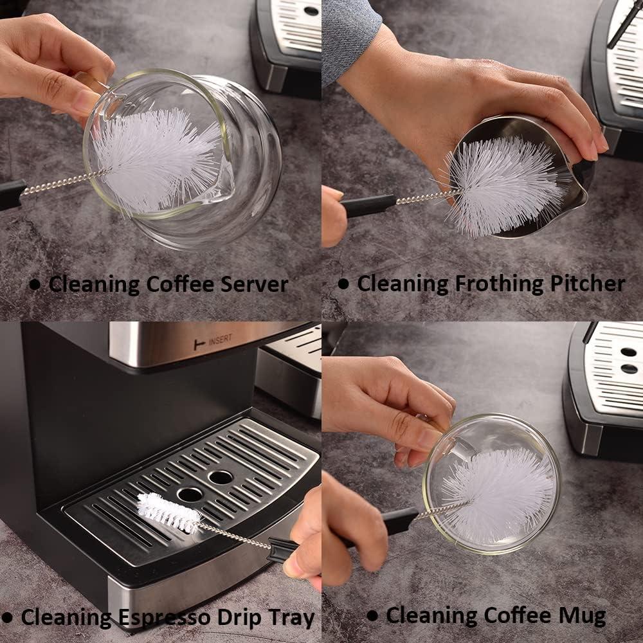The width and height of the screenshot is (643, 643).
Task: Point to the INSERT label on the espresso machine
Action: click(x=219, y=341)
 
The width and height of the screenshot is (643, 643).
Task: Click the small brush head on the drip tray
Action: click(x=168, y=512)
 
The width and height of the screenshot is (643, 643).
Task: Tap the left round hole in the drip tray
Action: click(x=190, y=494)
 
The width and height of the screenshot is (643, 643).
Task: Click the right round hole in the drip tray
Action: click(x=221, y=477)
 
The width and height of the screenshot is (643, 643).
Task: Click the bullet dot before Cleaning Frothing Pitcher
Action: click(x=343, y=284)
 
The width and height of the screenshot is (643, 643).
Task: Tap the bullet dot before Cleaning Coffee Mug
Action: click(x=372, y=615)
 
